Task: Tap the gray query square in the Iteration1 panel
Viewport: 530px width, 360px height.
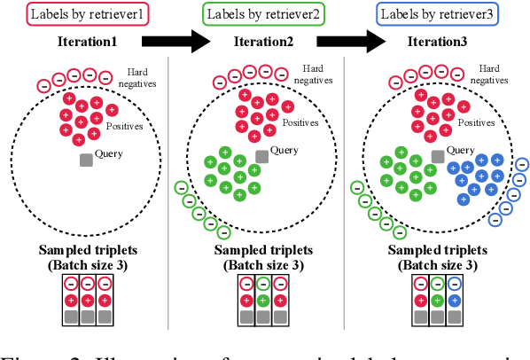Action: point(86,160)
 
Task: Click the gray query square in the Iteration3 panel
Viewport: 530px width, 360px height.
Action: point(437,156)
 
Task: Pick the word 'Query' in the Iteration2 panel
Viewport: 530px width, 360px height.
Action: point(284,151)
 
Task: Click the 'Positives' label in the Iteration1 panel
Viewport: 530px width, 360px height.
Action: point(124,127)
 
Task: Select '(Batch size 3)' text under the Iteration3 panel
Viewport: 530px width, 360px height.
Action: point(437,264)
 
